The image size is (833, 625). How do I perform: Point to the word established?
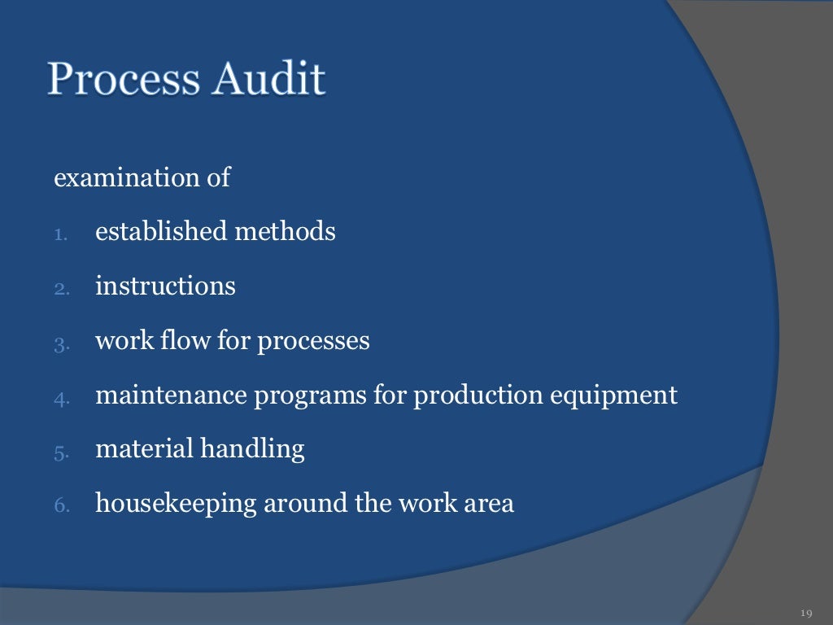tap(161, 232)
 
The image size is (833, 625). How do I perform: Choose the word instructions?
tap(165, 286)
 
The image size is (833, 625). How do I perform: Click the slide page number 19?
tap(807, 613)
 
